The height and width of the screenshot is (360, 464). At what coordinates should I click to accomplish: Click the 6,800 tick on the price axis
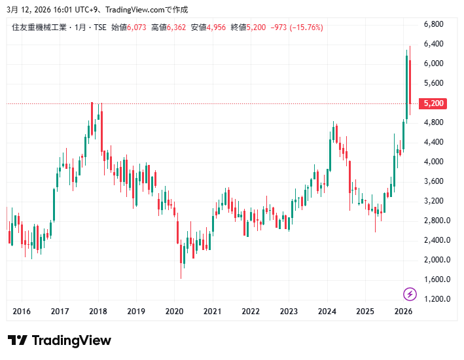[434, 24]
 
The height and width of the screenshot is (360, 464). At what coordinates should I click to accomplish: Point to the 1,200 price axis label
[434, 299]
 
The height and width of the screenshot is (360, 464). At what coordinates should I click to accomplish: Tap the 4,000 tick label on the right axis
[434, 162]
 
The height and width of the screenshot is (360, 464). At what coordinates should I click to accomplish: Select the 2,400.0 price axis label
[437, 240]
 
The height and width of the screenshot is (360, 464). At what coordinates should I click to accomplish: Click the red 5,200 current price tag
[434, 103]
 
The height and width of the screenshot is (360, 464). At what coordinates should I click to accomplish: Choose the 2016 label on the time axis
[22, 312]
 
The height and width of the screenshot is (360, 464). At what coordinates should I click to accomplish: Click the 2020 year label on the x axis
[174, 312]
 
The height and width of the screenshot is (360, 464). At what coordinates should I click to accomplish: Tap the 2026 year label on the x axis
[403, 312]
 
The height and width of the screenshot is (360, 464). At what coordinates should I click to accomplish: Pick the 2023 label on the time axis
[289, 312]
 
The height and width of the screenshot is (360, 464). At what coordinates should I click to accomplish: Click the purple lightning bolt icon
[410, 294]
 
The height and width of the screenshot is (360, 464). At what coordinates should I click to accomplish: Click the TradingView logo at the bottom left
[60, 340]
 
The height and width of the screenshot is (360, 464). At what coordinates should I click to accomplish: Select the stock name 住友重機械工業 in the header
[39, 27]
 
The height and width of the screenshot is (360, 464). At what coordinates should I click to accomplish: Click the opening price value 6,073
[137, 27]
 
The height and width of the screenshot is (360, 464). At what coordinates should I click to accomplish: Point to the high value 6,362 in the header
[177, 27]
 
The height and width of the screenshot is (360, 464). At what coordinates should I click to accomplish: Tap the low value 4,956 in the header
[217, 27]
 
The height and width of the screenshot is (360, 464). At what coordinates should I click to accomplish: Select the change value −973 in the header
[277, 27]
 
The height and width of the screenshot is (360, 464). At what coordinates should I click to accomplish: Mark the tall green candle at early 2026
[406, 85]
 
